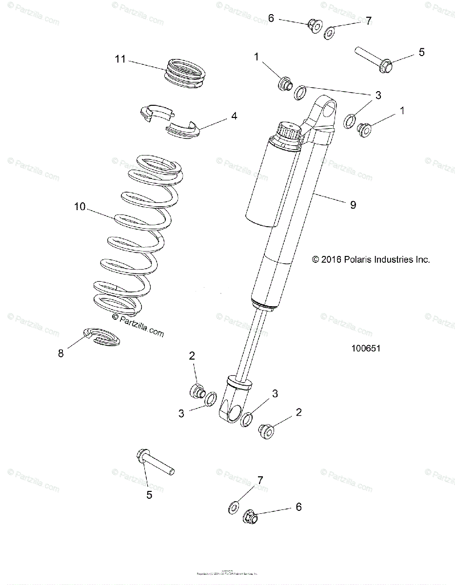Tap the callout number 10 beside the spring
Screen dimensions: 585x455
[x=80, y=207]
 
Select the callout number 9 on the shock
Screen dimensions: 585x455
[x=353, y=205]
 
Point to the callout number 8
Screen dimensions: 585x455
[x=61, y=353]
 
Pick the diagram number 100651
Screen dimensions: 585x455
[x=366, y=349]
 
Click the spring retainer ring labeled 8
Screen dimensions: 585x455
[x=101, y=337]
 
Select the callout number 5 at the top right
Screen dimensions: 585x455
[x=422, y=52]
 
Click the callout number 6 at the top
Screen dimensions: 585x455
[x=271, y=19]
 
